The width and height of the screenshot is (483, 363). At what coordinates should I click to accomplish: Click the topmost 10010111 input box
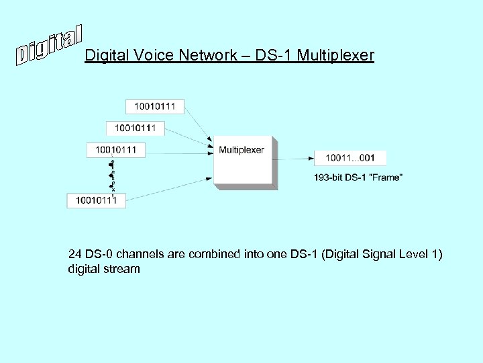coord(154,106)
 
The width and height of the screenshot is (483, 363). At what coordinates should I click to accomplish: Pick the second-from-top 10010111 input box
coord(135,128)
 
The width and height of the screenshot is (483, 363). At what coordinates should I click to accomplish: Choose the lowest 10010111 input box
coord(96,200)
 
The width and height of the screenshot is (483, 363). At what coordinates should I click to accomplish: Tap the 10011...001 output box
coord(350,158)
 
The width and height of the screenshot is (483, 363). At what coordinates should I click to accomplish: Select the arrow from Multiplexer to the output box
coord(295,159)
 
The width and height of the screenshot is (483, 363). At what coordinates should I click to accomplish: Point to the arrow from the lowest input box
coord(168,189)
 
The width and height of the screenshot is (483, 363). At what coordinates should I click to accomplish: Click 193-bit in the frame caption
coord(328,177)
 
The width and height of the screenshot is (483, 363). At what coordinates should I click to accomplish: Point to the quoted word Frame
coord(388,177)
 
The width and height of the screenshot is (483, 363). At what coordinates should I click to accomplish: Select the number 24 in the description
coord(75,255)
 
